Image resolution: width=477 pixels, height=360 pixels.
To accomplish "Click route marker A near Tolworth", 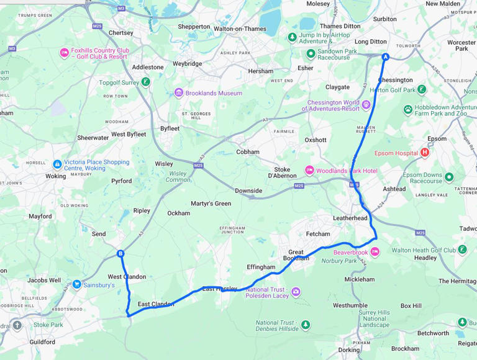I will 385,57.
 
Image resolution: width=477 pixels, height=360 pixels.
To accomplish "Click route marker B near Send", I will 120,253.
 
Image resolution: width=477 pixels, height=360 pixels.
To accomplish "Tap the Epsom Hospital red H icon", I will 425,152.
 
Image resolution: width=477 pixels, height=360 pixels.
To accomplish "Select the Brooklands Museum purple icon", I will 179,93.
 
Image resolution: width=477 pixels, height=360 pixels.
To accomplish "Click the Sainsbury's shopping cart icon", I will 76,284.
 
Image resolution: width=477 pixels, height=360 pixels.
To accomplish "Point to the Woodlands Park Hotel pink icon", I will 309,170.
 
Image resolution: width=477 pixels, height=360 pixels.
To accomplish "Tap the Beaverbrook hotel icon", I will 375,252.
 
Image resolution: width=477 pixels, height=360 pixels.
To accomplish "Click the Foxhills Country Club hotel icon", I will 64,53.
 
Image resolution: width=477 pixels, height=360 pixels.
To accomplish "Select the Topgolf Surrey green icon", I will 145,82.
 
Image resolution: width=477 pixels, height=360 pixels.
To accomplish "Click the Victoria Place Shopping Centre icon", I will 57,164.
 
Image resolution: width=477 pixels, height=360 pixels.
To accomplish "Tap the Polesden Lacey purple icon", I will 296,292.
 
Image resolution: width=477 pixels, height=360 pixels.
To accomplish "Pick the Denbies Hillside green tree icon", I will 305,325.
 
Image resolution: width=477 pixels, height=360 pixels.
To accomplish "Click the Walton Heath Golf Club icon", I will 462,250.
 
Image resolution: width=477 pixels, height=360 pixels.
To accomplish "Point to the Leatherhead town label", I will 350,218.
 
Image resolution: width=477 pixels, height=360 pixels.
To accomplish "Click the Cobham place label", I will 248,151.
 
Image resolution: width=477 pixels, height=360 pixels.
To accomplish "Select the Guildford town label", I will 42,341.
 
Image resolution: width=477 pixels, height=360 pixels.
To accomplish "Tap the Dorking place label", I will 348,349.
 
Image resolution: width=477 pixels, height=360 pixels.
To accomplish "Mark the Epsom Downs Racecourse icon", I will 448,177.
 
